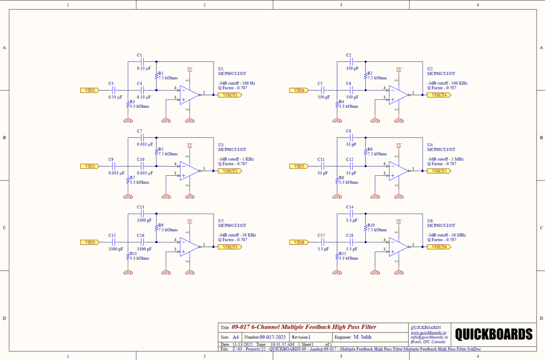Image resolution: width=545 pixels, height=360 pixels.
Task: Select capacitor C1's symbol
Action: click(x=142, y=62)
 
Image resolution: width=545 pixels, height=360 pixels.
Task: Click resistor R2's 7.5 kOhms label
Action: click(x=377, y=78)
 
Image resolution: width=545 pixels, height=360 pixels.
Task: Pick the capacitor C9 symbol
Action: click(x=113, y=166)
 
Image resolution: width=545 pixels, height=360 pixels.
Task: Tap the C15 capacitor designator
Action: click(x=112, y=235)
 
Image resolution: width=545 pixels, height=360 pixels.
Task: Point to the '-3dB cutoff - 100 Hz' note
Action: click(x=236, y=83)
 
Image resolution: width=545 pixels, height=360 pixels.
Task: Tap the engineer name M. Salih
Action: click(x=362, y=337)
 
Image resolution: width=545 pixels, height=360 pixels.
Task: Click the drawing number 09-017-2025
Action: click(x=272, y=337)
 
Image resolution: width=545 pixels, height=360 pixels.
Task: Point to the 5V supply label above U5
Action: click(x=189, y=220)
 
